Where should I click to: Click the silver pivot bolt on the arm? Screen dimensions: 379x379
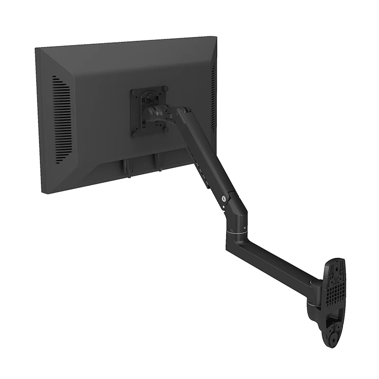223,199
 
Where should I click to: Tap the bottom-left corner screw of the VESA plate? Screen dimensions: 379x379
136,135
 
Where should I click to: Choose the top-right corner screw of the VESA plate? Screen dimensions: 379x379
165,88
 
